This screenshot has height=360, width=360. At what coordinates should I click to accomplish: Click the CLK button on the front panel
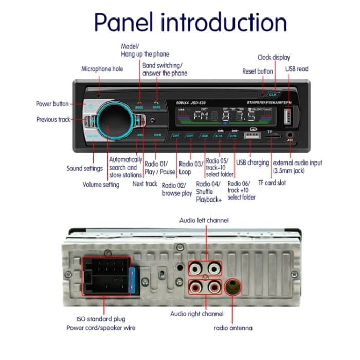pos(272,95)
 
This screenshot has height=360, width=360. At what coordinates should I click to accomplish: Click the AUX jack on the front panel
pos(291,136)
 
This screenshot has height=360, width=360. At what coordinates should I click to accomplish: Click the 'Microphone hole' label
pos(102,69)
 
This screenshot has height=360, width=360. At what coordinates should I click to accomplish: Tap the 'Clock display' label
pos(274,57)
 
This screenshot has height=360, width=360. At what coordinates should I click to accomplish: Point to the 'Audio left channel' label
pos(204,220)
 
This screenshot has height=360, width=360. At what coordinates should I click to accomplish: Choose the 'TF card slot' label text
pos(272,183)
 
